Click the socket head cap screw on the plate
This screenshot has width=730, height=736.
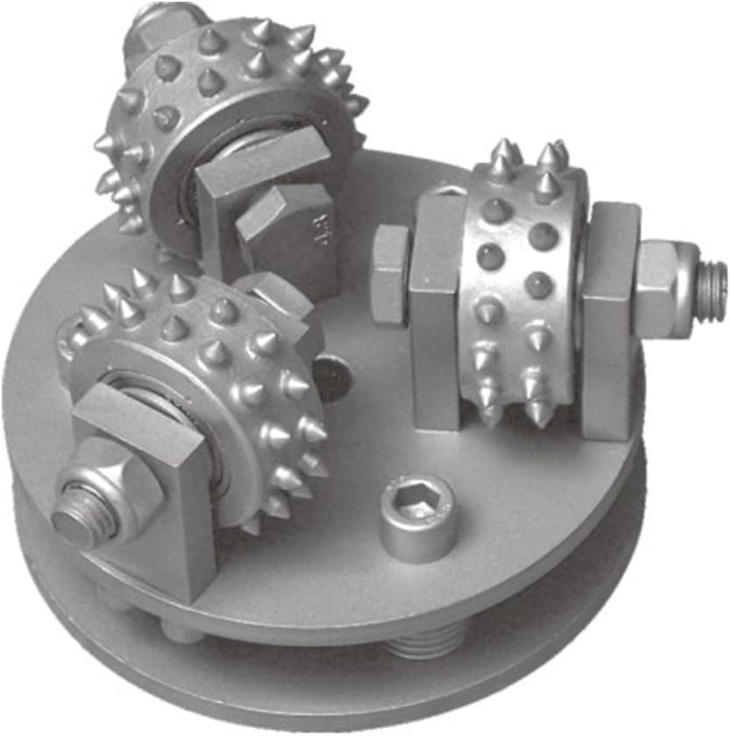(418, 519)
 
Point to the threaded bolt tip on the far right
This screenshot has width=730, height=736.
(712, 279)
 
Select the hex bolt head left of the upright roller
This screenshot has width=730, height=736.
(389, 275)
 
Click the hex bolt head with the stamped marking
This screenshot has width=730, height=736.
(298, 237)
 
